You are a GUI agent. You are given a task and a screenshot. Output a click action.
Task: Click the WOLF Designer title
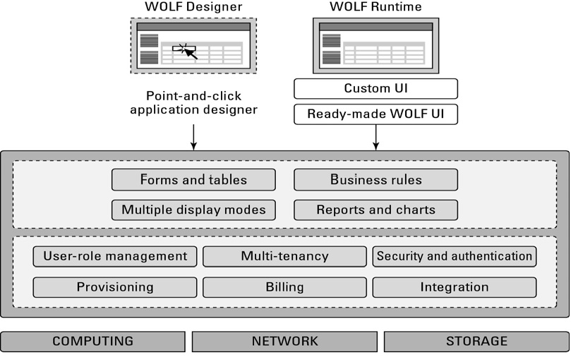193,8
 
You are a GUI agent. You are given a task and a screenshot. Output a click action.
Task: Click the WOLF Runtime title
375,8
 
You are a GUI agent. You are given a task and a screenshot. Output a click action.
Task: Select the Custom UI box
375,88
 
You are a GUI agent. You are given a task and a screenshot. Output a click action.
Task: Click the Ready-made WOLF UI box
375,114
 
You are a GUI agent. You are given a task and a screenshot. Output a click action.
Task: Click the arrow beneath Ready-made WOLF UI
375,137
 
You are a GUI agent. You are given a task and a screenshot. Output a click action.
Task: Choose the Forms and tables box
193,180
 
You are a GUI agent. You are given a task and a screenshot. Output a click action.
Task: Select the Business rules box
375,180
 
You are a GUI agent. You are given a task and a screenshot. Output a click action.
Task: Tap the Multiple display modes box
193,210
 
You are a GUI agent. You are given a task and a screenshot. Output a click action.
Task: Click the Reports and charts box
375,210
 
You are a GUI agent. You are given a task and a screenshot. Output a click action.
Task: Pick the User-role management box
115,256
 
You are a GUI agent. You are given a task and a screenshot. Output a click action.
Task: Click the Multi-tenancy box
284,256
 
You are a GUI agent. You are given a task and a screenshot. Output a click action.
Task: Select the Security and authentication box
454,256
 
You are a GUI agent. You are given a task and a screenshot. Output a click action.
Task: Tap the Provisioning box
115,287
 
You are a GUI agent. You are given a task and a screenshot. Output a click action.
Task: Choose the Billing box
284,287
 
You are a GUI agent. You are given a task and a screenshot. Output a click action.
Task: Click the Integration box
454,287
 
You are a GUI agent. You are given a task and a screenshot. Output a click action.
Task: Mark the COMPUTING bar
92,342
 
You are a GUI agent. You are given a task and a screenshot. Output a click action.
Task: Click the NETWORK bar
284,342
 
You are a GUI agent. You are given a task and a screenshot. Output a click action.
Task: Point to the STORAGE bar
476,342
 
